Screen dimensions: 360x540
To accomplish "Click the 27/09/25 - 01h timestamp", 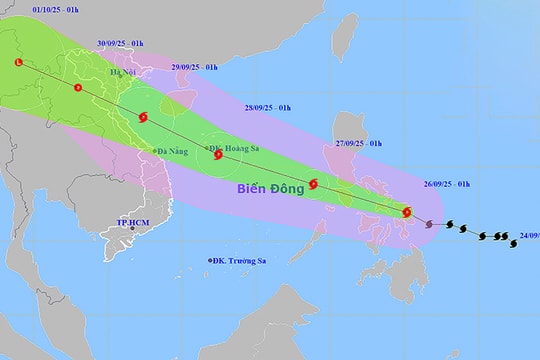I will click(x=358, y=143).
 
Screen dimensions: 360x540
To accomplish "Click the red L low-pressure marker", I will click(x=18, y=64).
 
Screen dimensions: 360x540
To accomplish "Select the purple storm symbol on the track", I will click(x=430, y=224).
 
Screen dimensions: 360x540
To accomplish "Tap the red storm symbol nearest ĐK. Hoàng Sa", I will click(x=218, y=155).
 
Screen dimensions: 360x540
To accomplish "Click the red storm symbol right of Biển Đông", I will click(x=314, y=183).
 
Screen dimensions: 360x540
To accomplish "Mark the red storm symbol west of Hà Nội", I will click(x=78, y=89).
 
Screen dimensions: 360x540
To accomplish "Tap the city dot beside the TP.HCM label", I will click(x=131, y=228).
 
